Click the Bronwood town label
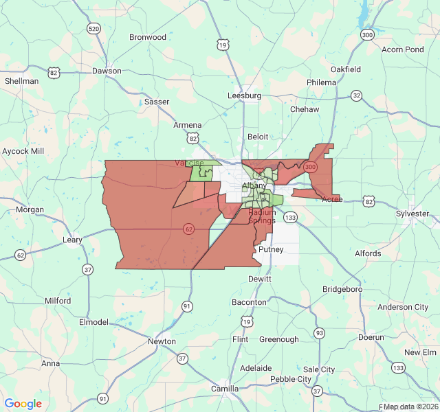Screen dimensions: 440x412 pyautogui.click(x=148, y=37)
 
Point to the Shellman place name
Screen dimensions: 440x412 pyautogui.click(x=22, y=81)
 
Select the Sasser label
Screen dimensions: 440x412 pyautogui.click(x=157, y=102)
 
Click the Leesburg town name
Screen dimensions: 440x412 pyautogui.click(x=245, y=96)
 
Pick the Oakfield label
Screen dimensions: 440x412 pyautogui.click(x=346, y=69)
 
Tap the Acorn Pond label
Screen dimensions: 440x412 pyautogui.click(x=403, y=49)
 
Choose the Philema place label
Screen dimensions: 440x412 pyautogui.click(x=322, y=82)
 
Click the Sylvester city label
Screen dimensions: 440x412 pyautogui.click(x=412, y=214)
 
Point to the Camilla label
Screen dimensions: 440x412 pyautogui.click(x=225, y=389)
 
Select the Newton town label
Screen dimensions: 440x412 pyautogui.click(x=162, y=341)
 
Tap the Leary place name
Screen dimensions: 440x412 pyautogui.click(x=72, y=240)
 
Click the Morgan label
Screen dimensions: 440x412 pyautogui.click(x=30, y=210)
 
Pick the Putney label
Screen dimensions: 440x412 pyautogui.click(x=271, y=250)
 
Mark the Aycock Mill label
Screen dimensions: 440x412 pyautogui.click(x=23, y=151)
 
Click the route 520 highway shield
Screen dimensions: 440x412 pyautogui.click(x=93, y=28)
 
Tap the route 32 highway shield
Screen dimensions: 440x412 pyautogui.click(x=356, y=95)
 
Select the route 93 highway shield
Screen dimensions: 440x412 pyautogui.click(x=319, y=333)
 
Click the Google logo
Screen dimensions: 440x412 pyautogui.click(x=23, y=404)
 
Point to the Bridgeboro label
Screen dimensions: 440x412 pyautogui.click(x=342, y=289)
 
